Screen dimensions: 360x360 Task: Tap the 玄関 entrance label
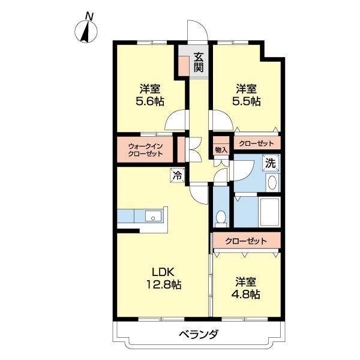pos(199,62)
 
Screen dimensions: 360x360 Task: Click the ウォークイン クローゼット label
pos(145,149)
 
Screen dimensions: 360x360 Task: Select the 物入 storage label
pos(221,149)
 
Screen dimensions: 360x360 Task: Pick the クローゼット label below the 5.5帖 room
pos(256,143)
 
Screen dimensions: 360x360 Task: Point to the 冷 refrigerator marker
pos(177,176)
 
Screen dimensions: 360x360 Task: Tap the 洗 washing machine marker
pos(271,163)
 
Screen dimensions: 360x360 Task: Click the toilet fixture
pos(221,219)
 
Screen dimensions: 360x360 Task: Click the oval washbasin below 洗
pos(271,183)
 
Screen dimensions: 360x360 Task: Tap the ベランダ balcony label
pos(197,334)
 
